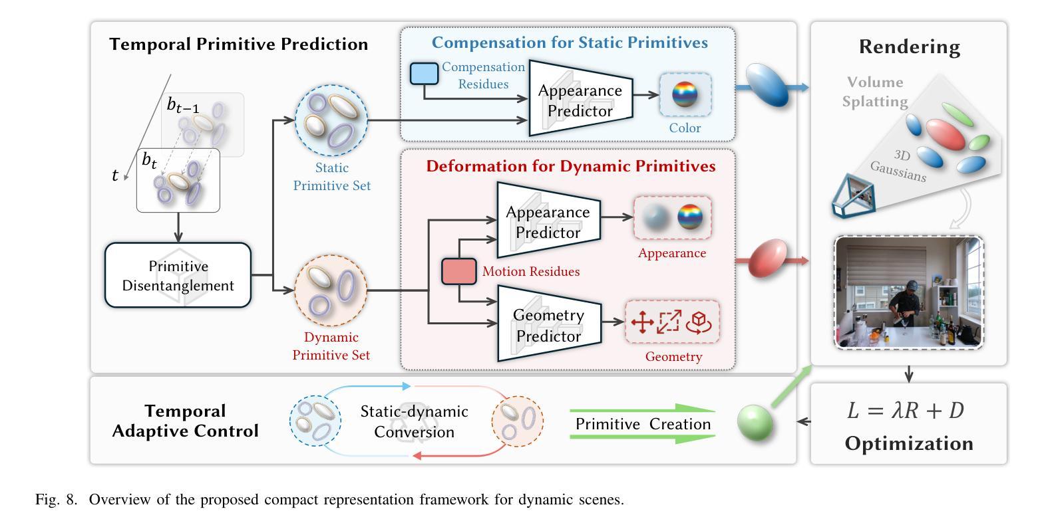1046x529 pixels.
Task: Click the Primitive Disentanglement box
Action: pos(178,274)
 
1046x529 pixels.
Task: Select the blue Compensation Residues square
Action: pos(424,74)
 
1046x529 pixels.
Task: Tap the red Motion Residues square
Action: pos(459,272)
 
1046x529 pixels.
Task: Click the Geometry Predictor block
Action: pos(549,324)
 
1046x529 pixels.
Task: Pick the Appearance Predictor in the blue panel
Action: pos(580,98)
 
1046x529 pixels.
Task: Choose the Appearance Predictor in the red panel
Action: pos(548,220)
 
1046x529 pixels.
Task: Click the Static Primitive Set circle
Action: pos(331,120)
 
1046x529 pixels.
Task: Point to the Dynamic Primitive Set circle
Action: pos(331,290)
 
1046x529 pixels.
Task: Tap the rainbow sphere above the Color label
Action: pos(685,94)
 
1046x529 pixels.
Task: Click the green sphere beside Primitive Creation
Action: pos(755,422)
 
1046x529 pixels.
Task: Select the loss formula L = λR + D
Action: pos(906,411)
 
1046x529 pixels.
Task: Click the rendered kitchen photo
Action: pos(909,292)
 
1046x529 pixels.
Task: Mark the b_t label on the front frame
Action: pos(150,161)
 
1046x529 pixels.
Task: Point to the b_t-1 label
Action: pos(182,106)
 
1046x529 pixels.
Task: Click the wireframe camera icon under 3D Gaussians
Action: pos(854,196)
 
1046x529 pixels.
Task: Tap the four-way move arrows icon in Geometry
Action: pos(642,322)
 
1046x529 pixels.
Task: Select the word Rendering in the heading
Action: pos(910,47)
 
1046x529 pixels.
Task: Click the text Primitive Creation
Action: pos(643,424)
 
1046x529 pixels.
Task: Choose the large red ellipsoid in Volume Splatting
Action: pos(945,135)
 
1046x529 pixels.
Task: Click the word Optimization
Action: pos(909,444)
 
